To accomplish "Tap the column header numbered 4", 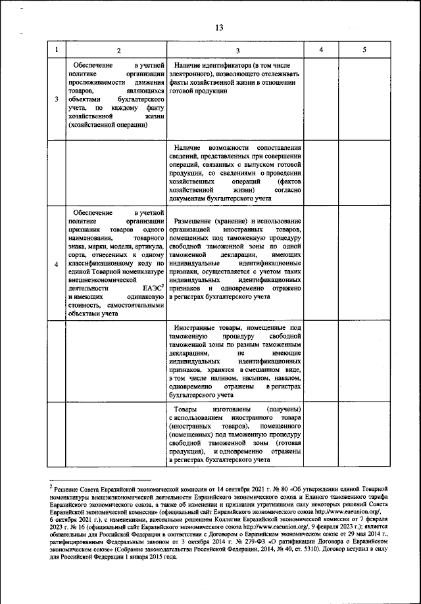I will [x=320, y=51].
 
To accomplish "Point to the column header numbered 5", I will [x=364, y=51].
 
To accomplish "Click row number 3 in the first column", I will [x=56, y=99].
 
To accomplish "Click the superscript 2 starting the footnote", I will [x=51, y=486].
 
